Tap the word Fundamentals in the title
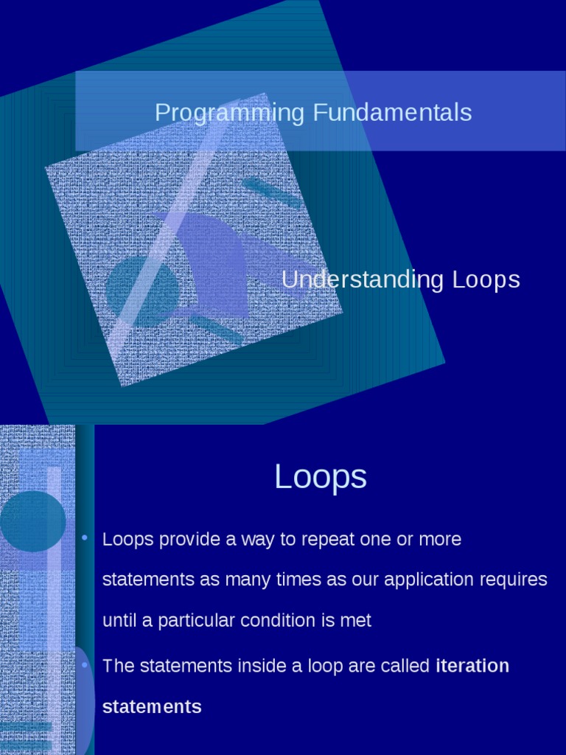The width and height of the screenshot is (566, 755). tap(392, 113)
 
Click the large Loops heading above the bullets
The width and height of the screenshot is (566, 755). tap(321, 477)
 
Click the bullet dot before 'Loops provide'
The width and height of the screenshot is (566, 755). tap(85, 539)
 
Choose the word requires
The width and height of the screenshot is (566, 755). tap(514, 580)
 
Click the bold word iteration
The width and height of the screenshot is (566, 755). tap(472, 667)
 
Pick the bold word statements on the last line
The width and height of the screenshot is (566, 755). tap(152, 707)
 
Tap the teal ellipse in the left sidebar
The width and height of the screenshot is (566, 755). tap(32, 521)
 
